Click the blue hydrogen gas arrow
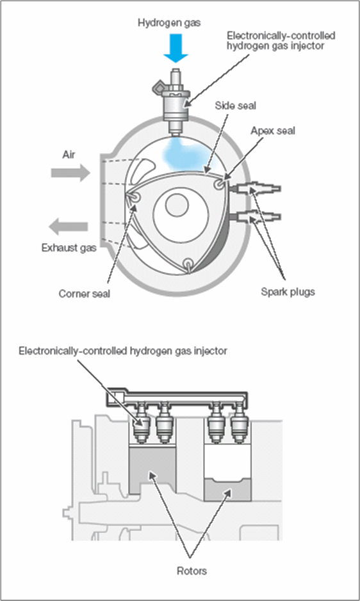click(176, 47)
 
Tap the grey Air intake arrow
click(70, 172)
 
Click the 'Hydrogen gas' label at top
click(169, 22)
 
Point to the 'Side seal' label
click(235, 106)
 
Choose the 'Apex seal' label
click(273, 131)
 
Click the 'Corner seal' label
click(85, 294)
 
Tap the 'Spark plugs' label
click(288, 292)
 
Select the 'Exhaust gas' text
click(69, 248)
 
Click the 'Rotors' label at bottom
click(192, 571)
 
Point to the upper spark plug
click(254, 189)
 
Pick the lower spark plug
click(254, 217)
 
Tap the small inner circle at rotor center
click(177, 205)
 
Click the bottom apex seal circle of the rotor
click(188, 264)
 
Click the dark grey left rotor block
click(152, 470)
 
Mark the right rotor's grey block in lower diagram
click(227, 490)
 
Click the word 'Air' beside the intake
click(69, 154)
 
